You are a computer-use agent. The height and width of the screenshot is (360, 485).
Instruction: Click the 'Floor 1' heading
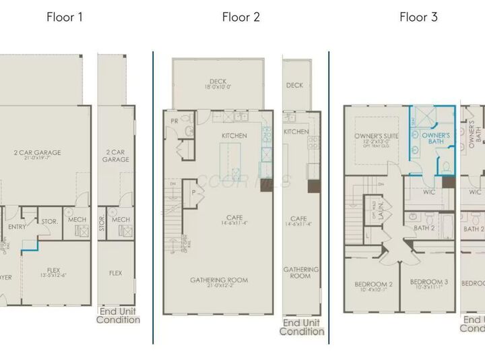[x=65, y=18]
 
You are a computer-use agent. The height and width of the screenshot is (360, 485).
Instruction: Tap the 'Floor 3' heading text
[x=418, y=18]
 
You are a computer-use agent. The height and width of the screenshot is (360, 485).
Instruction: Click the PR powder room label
[x=174, y=121]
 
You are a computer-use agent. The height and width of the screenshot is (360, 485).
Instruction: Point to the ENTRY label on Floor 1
[x=16, y=228]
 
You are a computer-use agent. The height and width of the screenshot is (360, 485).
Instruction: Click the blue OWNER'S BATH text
[x=435, y=139]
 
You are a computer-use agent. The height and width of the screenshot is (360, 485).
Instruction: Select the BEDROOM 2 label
[x=374, y=284]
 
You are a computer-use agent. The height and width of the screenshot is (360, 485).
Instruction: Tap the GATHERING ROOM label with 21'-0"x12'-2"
[x=218, y=280]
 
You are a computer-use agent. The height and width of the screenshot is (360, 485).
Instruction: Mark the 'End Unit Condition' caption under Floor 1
[x=118, y=316]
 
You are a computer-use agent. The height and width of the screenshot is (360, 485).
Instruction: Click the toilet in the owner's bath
[x=445, y=167]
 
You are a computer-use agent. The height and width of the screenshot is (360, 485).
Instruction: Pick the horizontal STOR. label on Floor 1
[x=50, y=221]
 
